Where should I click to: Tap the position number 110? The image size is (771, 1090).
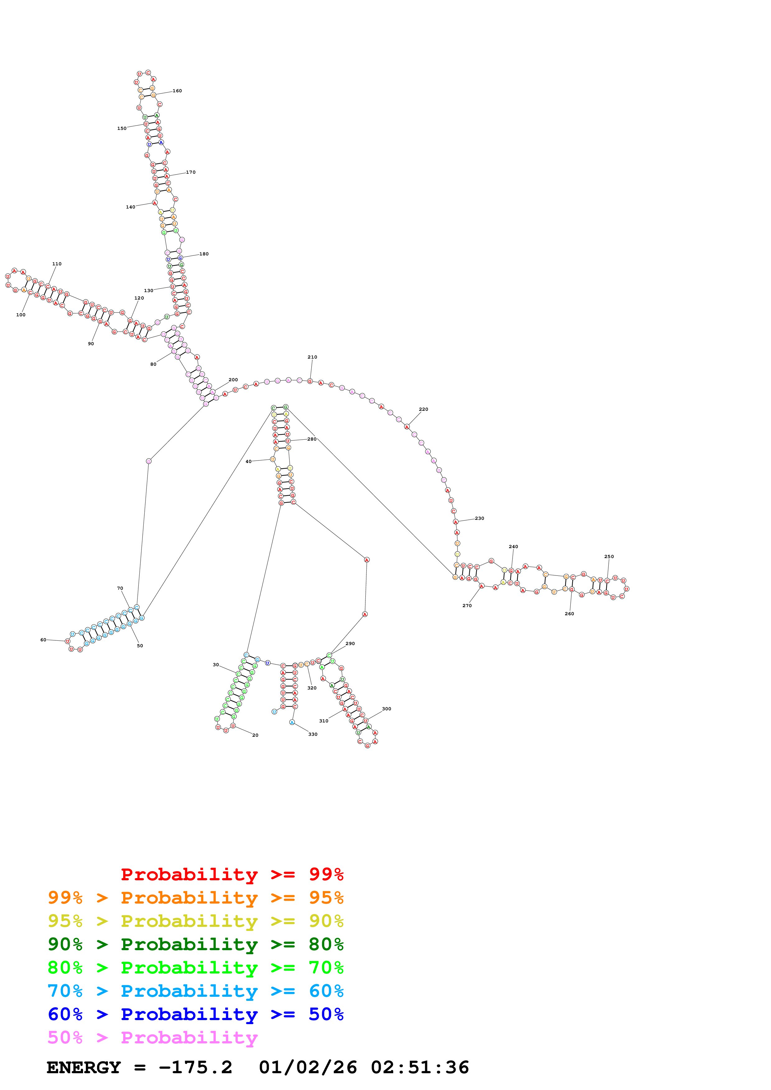coord(57,263)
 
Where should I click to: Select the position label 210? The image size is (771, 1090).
coord(312,357)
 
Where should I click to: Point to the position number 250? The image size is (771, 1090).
coord(609,556)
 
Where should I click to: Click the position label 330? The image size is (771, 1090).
coord(313,734)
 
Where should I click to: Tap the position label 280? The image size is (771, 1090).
coord(312,439)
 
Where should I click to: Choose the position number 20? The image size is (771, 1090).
coord(255,735)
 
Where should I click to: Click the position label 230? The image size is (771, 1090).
coord(479,518)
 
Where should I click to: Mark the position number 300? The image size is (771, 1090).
coord(386,709)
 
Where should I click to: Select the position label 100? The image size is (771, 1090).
coord(21,315)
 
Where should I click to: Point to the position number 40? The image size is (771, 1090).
coord(248,461)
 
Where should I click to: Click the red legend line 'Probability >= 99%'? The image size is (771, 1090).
coord(232,874)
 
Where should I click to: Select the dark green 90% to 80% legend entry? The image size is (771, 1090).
coord(195,944)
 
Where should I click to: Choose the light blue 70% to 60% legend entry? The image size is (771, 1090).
coord(195,991)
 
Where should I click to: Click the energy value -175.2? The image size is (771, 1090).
coord(195,1067)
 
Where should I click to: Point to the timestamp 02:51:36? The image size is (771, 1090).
coord(420,1067)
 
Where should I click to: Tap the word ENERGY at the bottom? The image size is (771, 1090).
coord(84,1067)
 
